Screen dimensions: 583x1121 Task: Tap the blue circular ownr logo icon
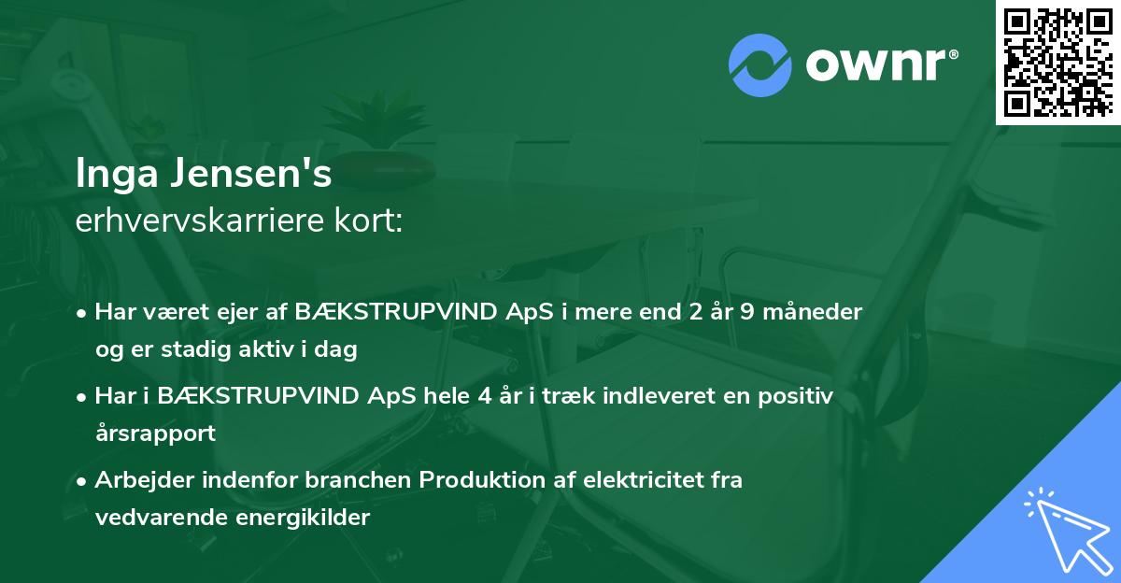pos(760,65)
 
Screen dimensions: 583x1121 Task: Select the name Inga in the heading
pos(113,175)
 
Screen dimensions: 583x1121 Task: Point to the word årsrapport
pos(155,433)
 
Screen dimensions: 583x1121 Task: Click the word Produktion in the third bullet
pos(477,480)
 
